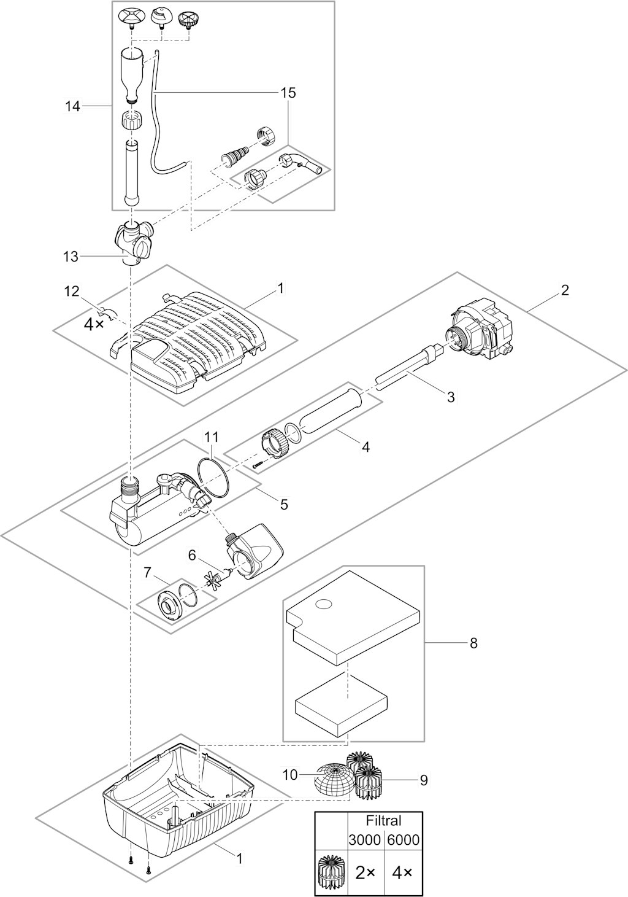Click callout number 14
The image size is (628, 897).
(72, 106)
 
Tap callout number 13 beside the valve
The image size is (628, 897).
(71, 256)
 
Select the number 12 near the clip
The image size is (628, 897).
(73, 290)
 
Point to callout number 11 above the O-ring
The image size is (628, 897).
(211, 437)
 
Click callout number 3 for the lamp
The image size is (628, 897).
(451, 397)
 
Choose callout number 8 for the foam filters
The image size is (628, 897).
(473, 643)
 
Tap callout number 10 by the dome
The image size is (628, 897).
(289, 775)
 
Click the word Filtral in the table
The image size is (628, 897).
(383, 820)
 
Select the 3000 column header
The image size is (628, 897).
(364, 840)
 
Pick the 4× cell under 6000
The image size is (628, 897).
(402, 872)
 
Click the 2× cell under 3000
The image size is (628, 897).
(365, 872)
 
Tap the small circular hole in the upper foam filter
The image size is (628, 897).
(322, 605)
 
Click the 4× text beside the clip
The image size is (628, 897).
(94, 325)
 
